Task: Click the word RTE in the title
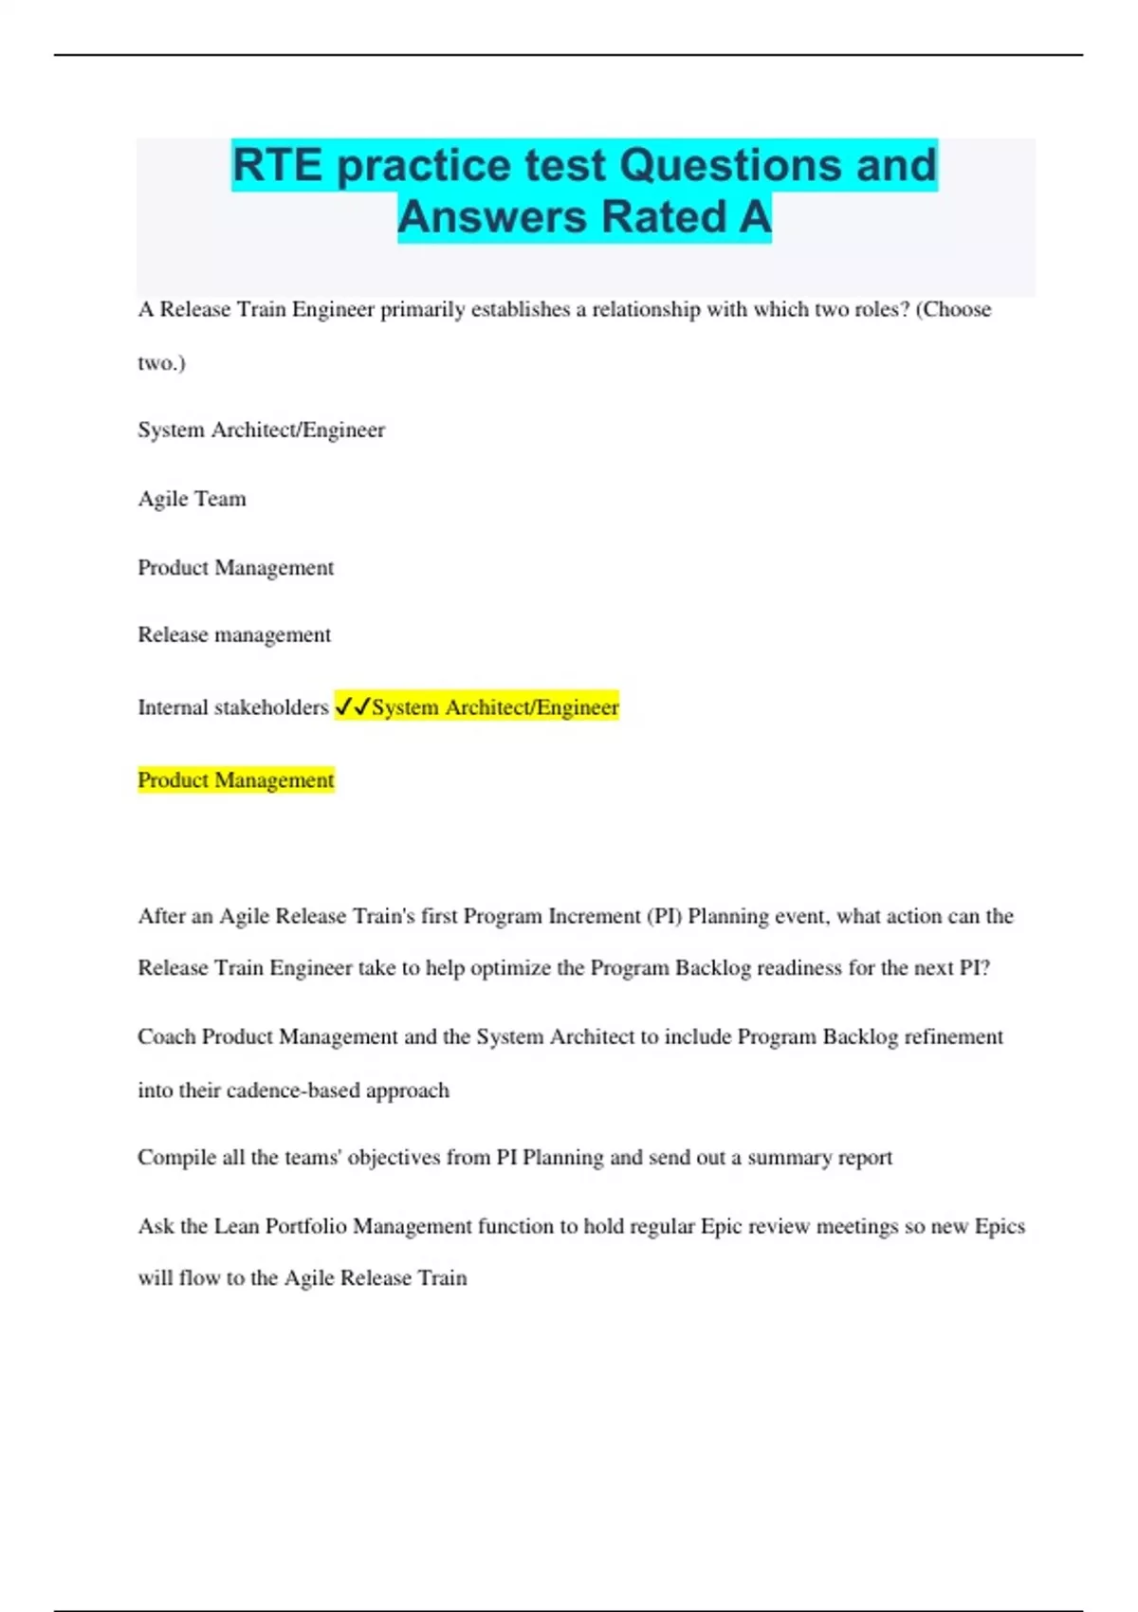[277, 165]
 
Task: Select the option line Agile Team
[192, 499]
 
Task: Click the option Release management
[234, 634]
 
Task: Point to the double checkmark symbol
[352, 706]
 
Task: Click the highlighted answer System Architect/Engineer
[495, 707]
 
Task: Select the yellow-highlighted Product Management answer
[236, 779]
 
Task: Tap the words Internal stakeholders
[233, 707]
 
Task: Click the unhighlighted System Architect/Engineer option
[261, 430]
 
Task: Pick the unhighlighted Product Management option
[236, 567]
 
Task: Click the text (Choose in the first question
[952, 309]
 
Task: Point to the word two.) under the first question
[161, 362]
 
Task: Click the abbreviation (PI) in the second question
[664, 916]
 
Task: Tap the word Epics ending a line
[1000, 1226]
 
